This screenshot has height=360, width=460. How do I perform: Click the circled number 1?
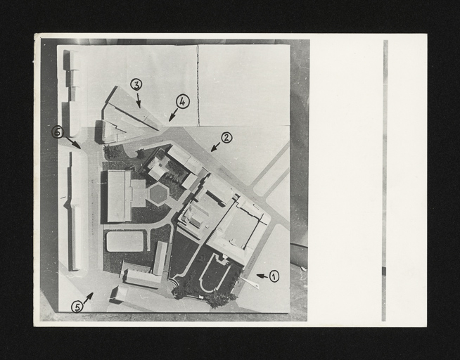click(x=274, y=276)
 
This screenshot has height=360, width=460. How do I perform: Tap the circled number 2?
click(x=226, y=138)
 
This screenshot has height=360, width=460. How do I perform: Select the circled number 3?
click(x=136, y=84)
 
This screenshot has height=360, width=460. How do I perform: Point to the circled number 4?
click(x=182, y=102)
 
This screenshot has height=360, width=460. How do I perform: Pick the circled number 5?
click(x=77, y=307)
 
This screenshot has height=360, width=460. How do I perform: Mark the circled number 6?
click(x=58, y=132)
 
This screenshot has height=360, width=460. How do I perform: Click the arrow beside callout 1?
click(x=262, y=276)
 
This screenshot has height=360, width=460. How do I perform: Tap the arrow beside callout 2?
click(x=216, y=147)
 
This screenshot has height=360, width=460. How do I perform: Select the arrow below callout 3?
click(x=138, y=101)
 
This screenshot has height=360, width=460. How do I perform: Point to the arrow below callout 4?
click(x=174, y=115)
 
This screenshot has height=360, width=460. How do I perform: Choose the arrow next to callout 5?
click(x=89, y=298)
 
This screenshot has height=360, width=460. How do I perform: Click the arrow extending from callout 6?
click(x=73, y=143)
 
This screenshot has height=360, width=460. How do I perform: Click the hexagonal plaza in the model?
click(x=158, y=194)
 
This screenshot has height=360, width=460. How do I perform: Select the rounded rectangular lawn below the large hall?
click(x=125, y=241)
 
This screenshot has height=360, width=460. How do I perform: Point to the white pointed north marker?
click(x=250, y=283)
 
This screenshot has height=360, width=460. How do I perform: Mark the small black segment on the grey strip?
click(x=384, y=271)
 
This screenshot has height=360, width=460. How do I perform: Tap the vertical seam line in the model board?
click(x=198, y=85)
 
